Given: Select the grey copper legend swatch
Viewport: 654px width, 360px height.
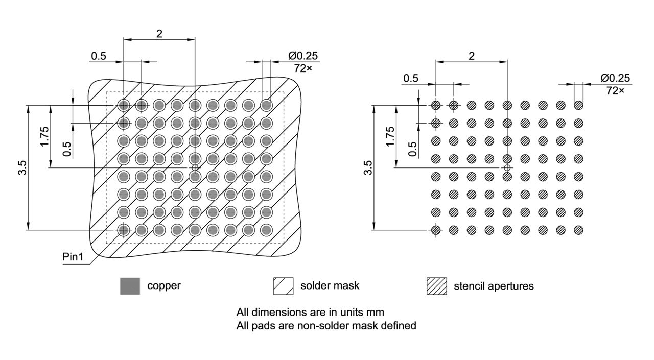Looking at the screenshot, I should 130,286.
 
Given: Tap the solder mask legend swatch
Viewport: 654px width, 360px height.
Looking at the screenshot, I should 283,286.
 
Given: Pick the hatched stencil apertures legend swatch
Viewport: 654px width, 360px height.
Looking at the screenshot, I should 436,286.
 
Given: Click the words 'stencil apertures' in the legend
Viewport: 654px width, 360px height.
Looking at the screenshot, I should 494,286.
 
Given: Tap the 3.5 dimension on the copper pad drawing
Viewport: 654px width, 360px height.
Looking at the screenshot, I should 22,167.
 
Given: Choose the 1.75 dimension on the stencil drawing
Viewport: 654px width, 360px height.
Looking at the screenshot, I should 390,137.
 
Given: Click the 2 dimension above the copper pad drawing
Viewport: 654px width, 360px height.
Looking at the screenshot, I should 159,34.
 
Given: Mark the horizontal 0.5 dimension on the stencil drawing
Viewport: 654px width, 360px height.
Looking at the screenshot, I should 410,78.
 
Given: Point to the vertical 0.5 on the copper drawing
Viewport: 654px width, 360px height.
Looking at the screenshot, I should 66,149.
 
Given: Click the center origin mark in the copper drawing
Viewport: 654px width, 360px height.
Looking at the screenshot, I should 195,167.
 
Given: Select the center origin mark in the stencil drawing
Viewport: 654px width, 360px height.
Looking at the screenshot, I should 507,167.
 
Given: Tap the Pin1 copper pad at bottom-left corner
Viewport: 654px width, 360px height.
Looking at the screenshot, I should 123,230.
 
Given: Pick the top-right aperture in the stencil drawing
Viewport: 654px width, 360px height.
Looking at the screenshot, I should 578,105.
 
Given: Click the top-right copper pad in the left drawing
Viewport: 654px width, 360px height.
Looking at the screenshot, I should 266,105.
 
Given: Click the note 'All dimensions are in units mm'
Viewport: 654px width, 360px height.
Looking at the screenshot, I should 310,311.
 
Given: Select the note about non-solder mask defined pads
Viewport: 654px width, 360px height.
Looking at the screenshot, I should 326,325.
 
